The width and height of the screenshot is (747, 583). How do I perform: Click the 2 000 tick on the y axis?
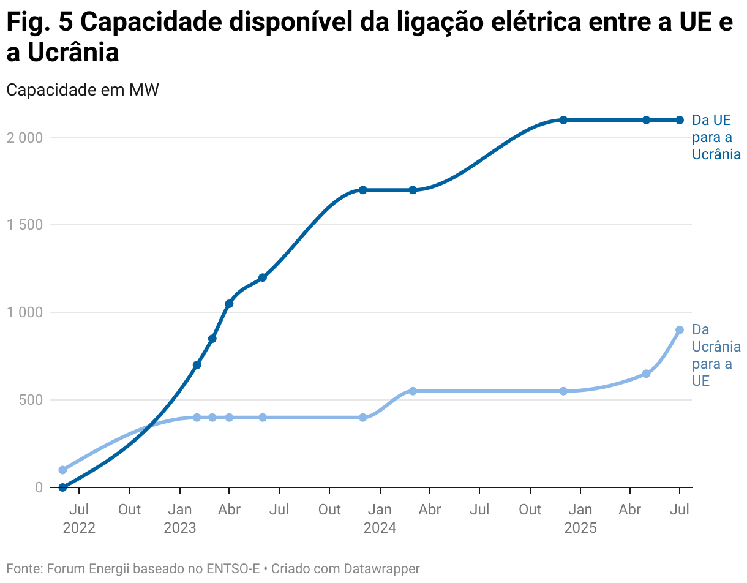click(x=25, y=138)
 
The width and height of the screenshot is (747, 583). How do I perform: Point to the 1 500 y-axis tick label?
click(x=25, y=225)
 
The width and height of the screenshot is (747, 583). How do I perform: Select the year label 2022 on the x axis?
click(x=79, y=528)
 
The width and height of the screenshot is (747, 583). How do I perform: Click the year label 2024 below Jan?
click(x=380, y=528)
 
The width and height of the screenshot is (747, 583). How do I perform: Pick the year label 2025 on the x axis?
click(x=580, y=528)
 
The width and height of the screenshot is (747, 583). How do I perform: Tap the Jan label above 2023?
click(x=179, y=510)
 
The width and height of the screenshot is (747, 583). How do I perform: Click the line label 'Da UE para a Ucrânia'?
click(x=716, y=137)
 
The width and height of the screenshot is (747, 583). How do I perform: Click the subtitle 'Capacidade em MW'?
click(x=83, y=90)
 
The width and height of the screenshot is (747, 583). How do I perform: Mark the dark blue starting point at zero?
click(x=62, y=487)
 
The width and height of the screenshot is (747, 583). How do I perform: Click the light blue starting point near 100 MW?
click(x=62, y=470)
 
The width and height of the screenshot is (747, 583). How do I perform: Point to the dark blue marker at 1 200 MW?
click(x=263, y=277)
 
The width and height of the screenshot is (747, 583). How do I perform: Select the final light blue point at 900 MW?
click(x=679, y=330)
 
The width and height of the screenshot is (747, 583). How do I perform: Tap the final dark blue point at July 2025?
click(x=679, y=120)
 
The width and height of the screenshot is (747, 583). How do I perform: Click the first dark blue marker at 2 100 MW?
click(x=563, y=120)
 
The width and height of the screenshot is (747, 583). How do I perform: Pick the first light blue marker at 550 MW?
click(x=413, y=391)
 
